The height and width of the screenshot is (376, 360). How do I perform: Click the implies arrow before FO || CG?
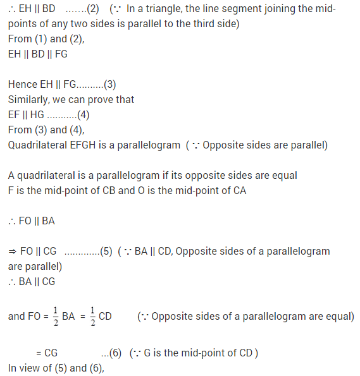point(12,251)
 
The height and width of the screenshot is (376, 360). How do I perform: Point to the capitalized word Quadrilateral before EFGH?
point(37,145)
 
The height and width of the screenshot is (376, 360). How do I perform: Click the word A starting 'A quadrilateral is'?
point(12,175)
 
